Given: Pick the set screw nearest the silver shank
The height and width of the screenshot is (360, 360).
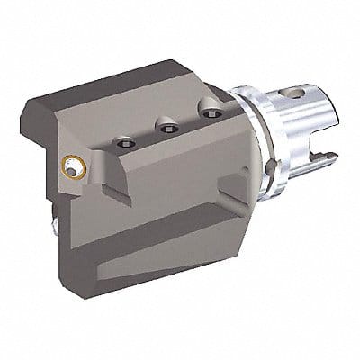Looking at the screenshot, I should click(x=211, y=114).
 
